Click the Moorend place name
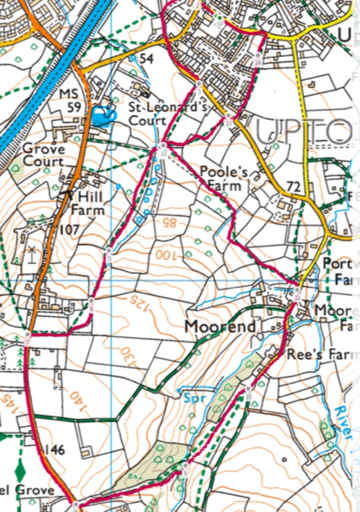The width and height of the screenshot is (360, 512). tap(220, 325)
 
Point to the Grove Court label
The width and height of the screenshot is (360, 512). tap(44, 155)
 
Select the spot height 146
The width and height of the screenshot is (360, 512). tap(54, 450)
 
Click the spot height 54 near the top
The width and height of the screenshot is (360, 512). tap(145, 59)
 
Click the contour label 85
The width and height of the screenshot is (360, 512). tap(169, 223)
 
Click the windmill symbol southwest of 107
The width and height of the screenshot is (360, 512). tap(30, 253)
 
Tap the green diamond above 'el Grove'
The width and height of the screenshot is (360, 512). tap(19, 471)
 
